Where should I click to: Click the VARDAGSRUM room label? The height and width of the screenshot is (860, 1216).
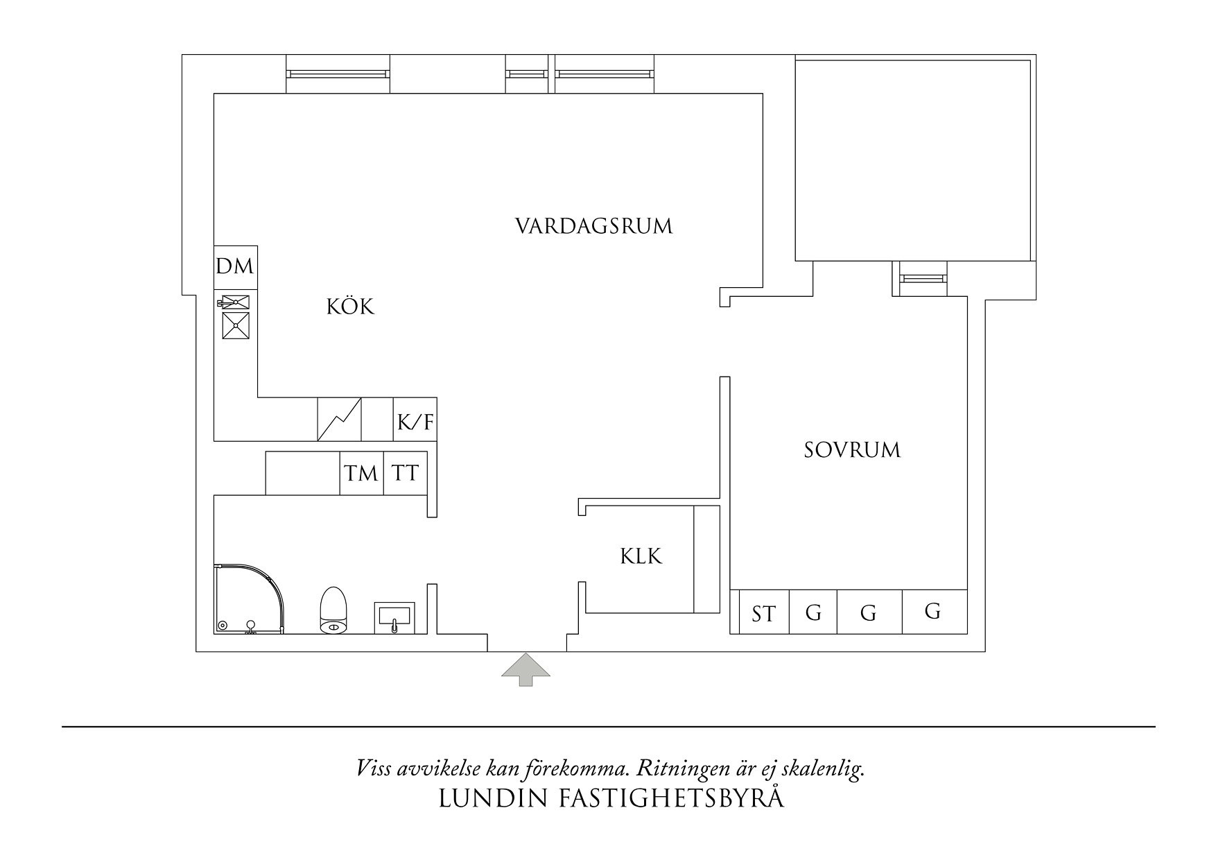pos(594,227)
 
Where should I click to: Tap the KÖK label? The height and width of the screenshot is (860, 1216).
pos(351,307)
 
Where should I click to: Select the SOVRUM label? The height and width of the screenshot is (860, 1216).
pos(852,450)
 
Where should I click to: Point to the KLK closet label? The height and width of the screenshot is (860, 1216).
pos(641,556)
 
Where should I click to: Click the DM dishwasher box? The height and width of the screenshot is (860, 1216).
pos(235,267)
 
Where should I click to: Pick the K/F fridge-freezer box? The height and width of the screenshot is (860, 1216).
pos(415,420)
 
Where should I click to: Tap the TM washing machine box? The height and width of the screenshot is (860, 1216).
pos(361,474)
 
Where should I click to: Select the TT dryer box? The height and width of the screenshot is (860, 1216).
pos(405,474)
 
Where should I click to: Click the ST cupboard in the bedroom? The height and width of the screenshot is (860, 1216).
pos(763,613)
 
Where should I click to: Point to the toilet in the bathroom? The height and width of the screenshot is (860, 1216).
pos(334,610)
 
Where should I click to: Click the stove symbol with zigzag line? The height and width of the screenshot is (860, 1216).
pos(340,420)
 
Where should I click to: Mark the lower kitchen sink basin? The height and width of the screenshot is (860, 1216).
pos(236,325)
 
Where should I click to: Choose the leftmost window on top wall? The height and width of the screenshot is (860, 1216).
pos(337,73)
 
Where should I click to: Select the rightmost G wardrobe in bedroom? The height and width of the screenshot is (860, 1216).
pos(933,612)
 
